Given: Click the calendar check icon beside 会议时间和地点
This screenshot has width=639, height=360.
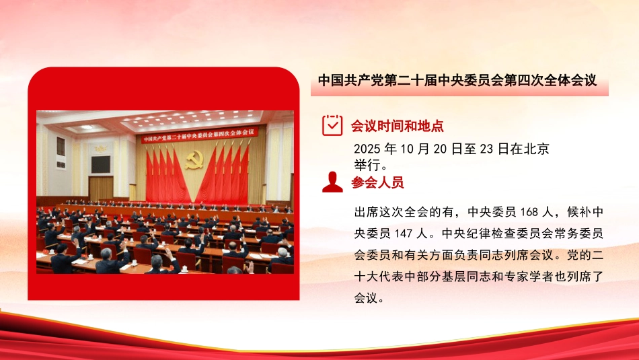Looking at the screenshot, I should [x=332, y=125].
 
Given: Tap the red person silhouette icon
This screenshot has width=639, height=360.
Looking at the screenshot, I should [x=332, y=182].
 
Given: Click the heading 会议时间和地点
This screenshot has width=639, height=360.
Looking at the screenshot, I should [x=397, y=126].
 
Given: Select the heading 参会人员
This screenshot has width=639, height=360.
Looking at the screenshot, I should [x=377, y=182].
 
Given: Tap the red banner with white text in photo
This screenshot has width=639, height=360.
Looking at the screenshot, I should [x=200, y=133].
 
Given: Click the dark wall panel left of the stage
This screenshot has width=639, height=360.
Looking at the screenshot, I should [x=101, y=163].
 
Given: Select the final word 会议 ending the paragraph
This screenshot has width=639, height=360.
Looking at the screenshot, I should [x=369, y=298].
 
